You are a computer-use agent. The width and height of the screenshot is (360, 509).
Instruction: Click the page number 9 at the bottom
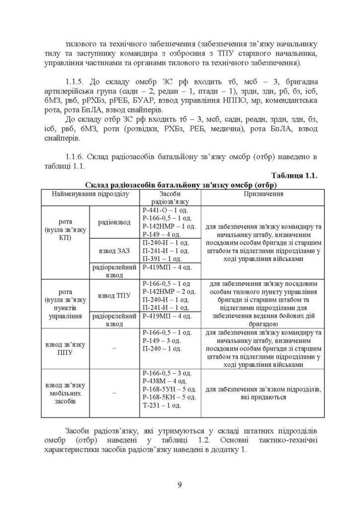coord(180,484)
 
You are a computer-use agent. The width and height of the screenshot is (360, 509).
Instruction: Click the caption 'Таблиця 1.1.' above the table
coord(295,176)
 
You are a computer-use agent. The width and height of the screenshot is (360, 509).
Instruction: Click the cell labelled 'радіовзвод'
coord(114,222)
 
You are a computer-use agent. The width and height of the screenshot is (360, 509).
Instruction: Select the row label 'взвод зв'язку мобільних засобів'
coord(66,393)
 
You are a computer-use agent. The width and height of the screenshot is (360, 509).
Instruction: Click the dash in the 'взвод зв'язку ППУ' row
coord(114,348)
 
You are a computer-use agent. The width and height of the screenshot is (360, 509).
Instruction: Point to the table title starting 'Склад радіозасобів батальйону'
coord(184,184)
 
